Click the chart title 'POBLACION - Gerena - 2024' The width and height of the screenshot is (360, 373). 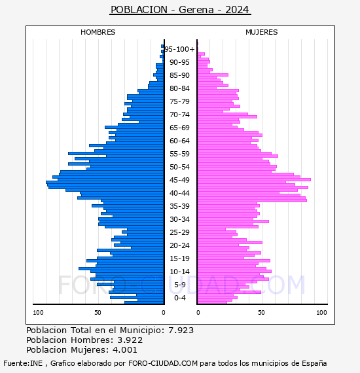(x=180, y=10)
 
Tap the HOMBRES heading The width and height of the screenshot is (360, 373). (x=98, y=32)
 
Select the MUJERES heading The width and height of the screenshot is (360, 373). (x=262, y=32)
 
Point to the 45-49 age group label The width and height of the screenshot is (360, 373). (x=179, y=180)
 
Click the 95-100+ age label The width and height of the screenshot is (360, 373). (x=179, y=49)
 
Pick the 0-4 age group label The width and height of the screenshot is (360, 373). (x=180, y=298)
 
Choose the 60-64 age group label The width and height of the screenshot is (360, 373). (x=179, y=141)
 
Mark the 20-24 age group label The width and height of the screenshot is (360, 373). (x=179, y=245)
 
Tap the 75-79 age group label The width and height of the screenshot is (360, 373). (x=179, y=101)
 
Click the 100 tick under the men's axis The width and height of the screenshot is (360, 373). (x=38, y=313)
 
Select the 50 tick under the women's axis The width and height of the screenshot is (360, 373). (x=262, y=313)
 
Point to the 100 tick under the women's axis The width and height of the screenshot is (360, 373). (x=321, y=313)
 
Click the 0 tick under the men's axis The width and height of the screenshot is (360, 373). (x=164, y=313)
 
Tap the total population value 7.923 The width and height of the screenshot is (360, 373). (x=181, y=330)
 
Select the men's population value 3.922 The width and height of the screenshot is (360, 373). (x=130, y=340)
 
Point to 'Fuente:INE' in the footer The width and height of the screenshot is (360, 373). (x=23, y=363)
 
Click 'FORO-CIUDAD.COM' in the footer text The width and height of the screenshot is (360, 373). (x=163, y=363)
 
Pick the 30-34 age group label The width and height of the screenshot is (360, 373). (x=179, y=219)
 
